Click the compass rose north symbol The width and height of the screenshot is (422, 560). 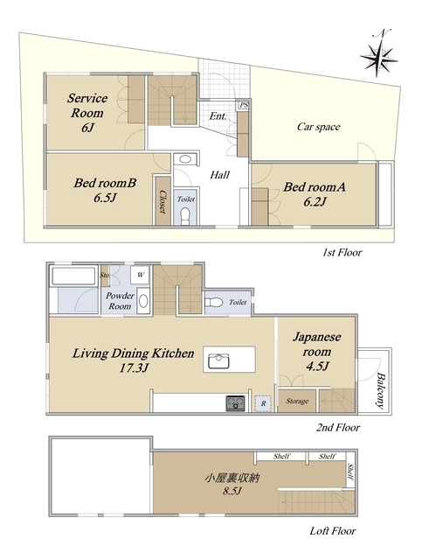coord(378,56)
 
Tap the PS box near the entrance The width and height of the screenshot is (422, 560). coord(244,105)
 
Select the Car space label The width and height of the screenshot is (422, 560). coord(319,127)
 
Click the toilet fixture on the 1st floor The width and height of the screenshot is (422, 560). coord(185,216)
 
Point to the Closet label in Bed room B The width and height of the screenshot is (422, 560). coord(163,201)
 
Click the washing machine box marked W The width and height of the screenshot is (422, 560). coord(140,275)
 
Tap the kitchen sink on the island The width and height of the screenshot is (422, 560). coord(218,360)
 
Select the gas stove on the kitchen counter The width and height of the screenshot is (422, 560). coord(235,402)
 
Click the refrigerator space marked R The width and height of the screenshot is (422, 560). coord(263,403)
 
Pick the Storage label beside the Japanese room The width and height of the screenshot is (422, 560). coord(297,401)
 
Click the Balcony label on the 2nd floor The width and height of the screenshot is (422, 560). coord(381,391)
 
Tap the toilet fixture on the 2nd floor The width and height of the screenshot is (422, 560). coord(213,303)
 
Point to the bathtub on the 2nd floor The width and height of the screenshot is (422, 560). coord(74,276)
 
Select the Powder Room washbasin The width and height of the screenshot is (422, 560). coord(143,301)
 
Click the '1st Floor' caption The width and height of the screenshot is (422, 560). coord(342,253)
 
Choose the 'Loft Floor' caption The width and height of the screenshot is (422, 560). coord(333,531)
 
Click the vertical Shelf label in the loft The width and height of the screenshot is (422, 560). coord(350,472)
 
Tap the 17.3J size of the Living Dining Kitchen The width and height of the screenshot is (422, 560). coord(134,367)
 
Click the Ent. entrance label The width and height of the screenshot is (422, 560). coord(218,116)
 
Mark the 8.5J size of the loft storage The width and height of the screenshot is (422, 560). coord(232,491)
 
